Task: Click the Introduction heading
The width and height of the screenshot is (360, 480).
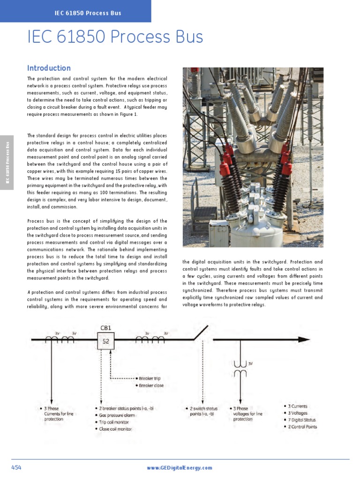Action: coord(49,68)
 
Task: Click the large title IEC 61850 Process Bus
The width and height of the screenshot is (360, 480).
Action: coord(115,37)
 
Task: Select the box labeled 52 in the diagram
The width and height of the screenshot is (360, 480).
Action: coord(106,342)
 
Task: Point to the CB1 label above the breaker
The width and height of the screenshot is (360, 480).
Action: coord(106,328)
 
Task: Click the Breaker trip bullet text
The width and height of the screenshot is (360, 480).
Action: coord(150,378)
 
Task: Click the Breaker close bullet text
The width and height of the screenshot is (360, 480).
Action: coord(151,385)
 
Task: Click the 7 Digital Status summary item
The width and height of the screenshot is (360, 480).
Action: coord(302,420)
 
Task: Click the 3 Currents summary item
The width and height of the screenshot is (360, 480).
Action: coord(298,406)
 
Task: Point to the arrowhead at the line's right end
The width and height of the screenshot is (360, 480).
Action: coord(305,339)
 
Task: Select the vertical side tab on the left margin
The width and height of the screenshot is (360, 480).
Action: coord(7,162)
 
